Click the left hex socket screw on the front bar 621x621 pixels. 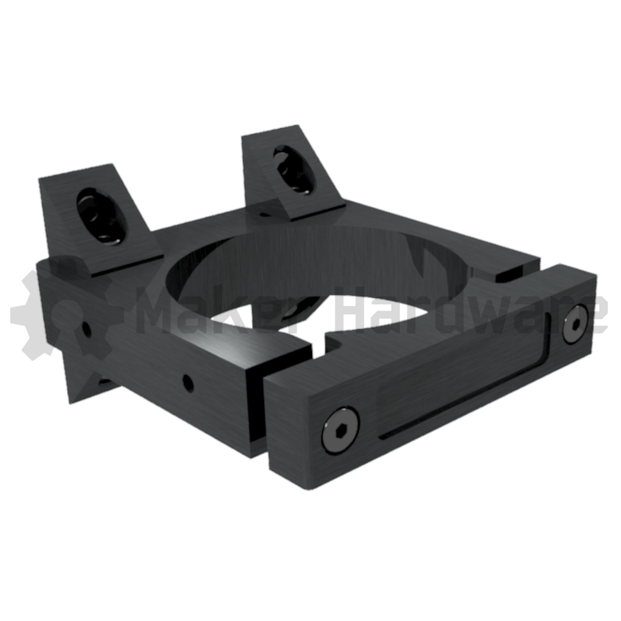coord(341,430)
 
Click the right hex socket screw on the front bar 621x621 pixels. coord(576,323)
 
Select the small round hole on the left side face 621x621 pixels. coord(86,329)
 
